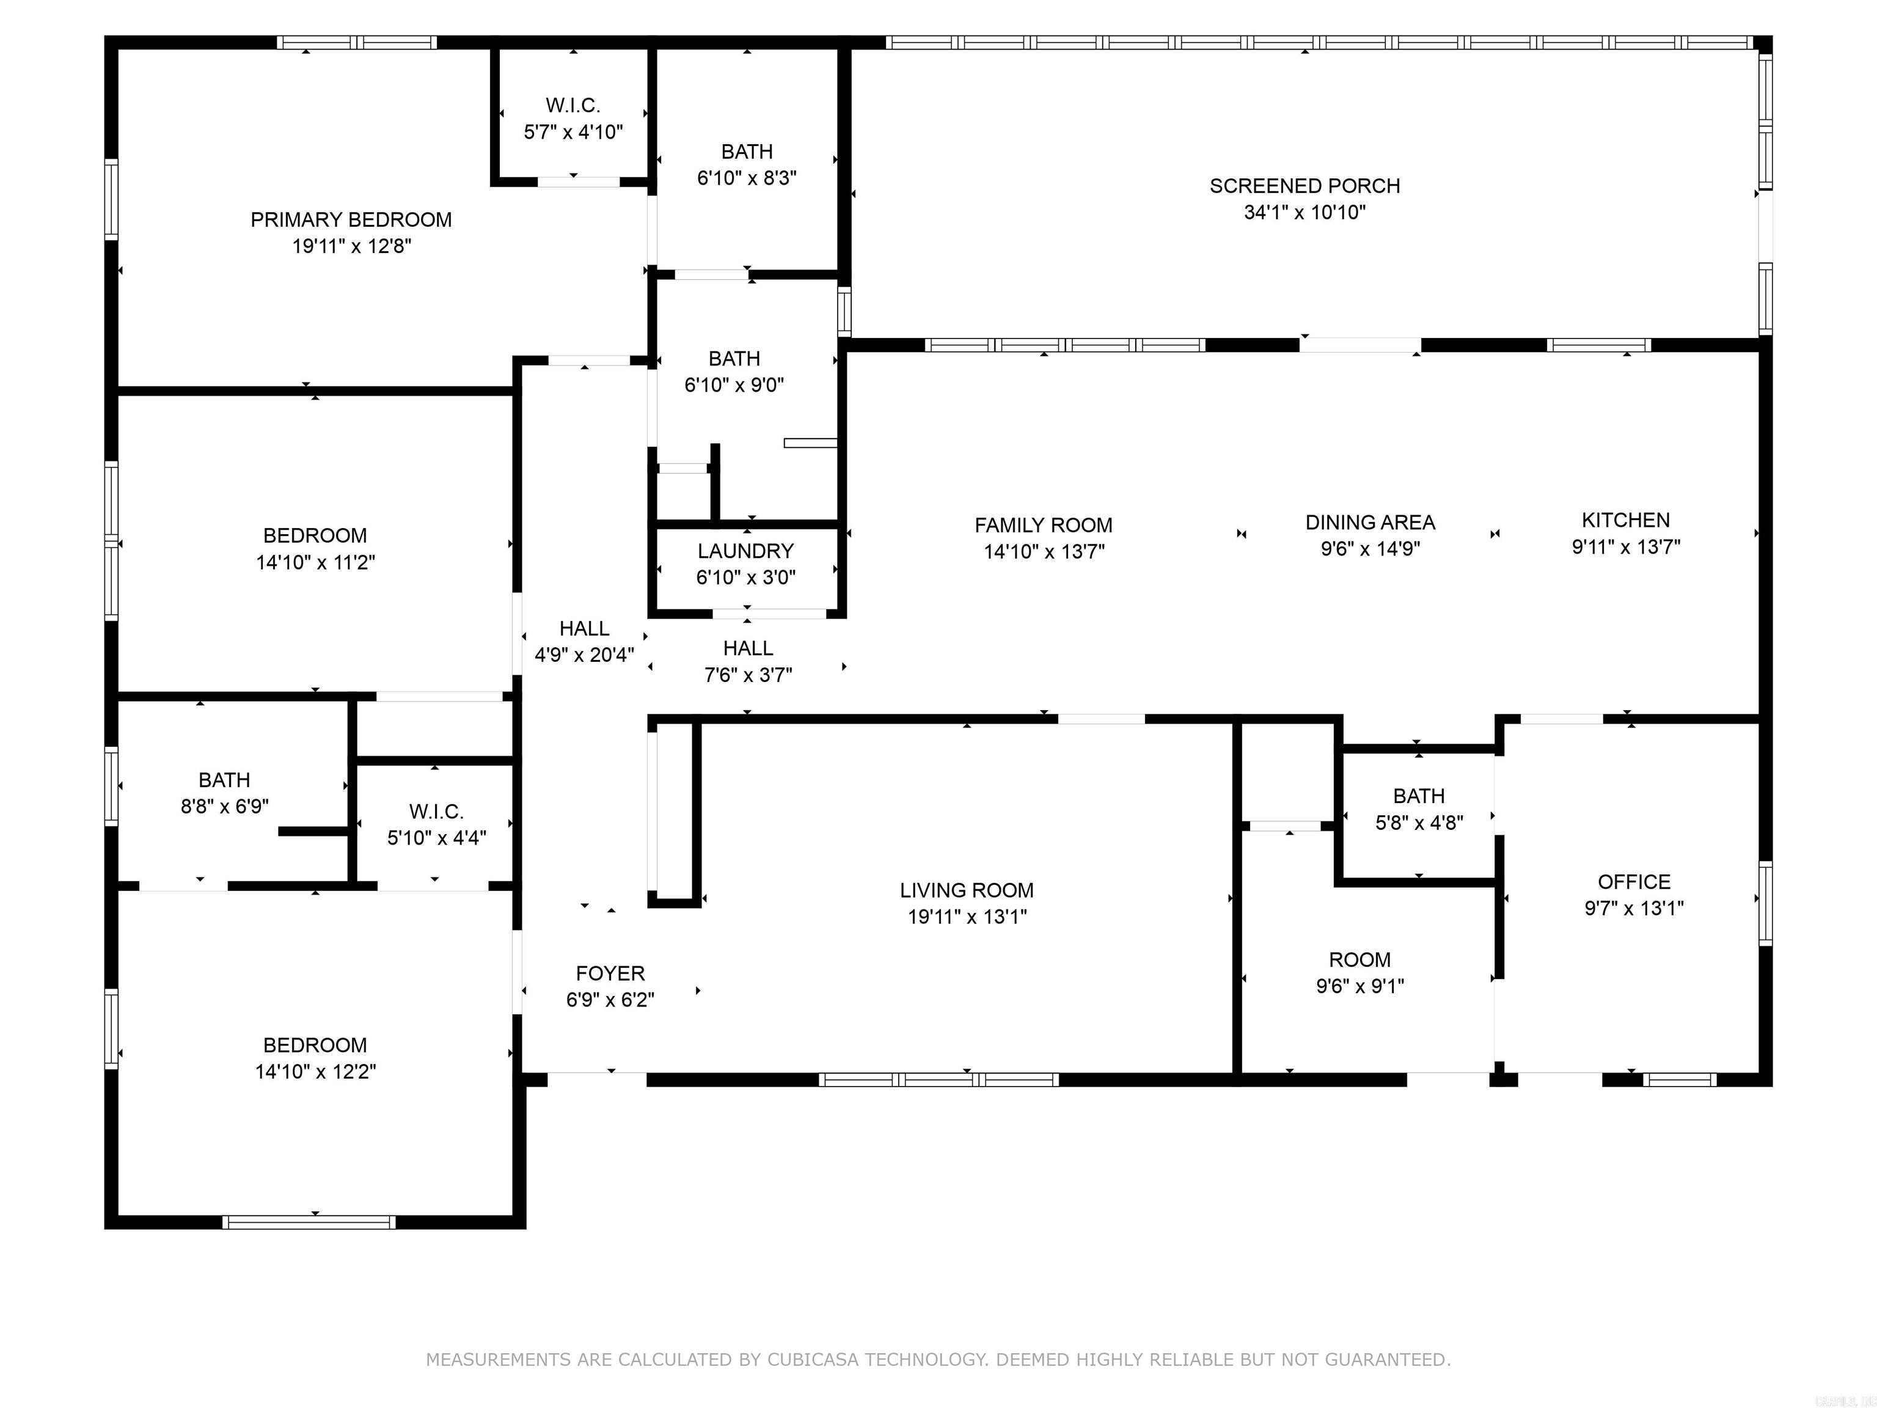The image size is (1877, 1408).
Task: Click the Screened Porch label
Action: (x=1304, y=186)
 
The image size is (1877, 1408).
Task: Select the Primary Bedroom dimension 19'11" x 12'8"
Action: (x=351, y=246)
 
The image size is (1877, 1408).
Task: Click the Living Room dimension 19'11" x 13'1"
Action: (x=967, y=917)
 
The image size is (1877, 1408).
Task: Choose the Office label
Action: (x=1633, y=881)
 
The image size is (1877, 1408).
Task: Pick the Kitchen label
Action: (x=1625, y=519)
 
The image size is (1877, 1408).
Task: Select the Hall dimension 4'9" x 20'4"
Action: (x=584, y=654)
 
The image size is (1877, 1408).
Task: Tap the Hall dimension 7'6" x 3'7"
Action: (x=748, y=675)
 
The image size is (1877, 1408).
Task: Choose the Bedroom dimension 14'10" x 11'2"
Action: (x=315, y=562)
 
